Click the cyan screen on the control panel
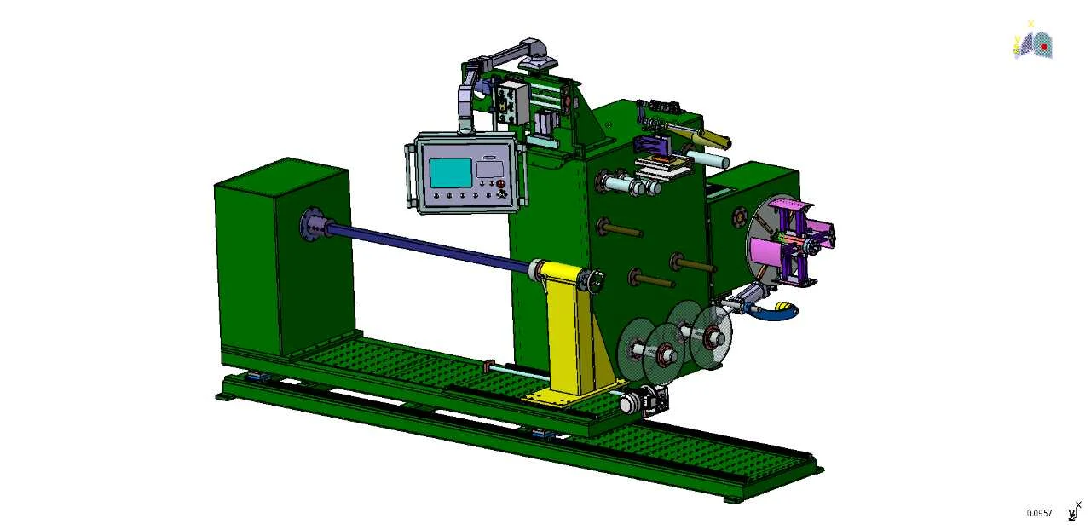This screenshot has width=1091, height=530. click(451, 173)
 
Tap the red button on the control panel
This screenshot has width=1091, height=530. click(500, 184)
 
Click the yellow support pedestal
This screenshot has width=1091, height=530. click(571, 332)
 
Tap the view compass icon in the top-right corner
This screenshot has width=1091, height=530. click(1034, 43)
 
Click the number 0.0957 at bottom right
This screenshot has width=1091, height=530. click(1039, 513)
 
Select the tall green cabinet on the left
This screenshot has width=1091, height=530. click(281, 256)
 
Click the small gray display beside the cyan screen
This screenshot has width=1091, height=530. click(488, 167)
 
